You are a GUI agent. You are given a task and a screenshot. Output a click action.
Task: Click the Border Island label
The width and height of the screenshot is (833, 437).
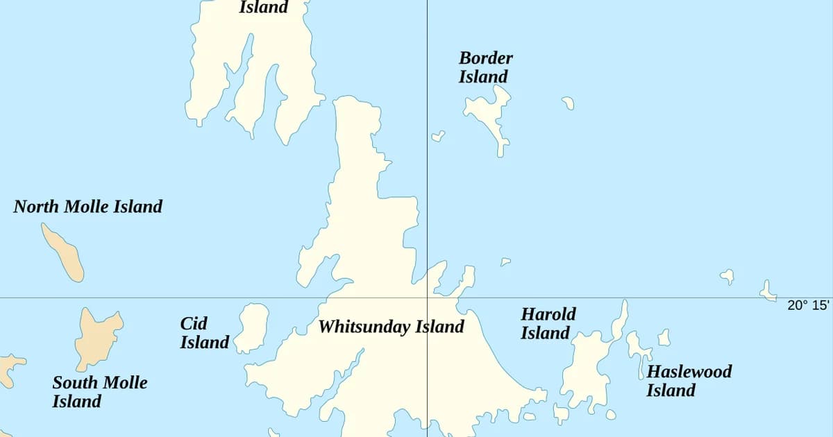(x=485, y=67)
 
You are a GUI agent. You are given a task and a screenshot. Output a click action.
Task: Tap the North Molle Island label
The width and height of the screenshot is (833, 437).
(x=87, y=207)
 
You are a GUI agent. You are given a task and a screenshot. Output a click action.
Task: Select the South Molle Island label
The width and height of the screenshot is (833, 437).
(x=99, y=392)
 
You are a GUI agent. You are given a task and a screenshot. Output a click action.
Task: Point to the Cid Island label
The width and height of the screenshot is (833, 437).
(x=204, y=333)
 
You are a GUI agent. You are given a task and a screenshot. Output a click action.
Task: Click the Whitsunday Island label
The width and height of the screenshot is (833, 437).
(x=391, y=327)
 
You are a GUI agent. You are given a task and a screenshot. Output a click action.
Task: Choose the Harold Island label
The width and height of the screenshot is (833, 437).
(x=548, y=324)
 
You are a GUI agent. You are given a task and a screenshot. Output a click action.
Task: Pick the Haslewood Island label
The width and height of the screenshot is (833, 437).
(x=689, y=381)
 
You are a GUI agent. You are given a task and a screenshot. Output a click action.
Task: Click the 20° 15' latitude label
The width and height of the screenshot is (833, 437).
(x=808, y=305)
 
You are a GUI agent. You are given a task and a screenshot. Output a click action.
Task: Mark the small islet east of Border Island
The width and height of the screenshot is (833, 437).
(x=568, y=103)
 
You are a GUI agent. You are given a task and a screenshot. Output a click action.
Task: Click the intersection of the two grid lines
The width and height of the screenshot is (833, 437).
(x=427, y=298)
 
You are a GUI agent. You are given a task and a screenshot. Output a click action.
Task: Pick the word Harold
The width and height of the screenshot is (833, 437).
(x=548, y=314)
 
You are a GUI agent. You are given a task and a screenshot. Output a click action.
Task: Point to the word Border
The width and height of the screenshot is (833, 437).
(x=485, y=58)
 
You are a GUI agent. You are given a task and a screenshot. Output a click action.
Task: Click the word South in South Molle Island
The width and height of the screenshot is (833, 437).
(x=74, y=383)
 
